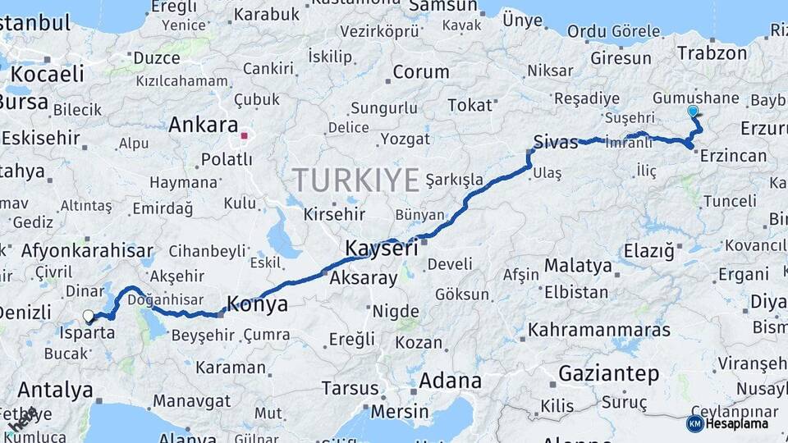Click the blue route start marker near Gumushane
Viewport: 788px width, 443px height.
693,111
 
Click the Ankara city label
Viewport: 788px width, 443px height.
203,126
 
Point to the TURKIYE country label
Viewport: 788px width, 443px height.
357,180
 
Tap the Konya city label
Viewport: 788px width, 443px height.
257,305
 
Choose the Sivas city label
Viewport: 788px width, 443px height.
556,140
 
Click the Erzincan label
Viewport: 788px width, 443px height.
733,156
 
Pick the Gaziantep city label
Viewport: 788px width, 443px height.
608,374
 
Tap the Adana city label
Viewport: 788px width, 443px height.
450,381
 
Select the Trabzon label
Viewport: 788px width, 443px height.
712,53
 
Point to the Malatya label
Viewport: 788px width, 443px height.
578,266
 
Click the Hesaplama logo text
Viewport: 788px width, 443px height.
740,423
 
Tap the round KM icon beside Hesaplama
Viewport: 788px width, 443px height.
694,423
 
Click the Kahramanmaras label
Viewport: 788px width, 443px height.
599,330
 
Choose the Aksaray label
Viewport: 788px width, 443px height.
364,278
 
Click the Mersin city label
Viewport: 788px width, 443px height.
402,411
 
